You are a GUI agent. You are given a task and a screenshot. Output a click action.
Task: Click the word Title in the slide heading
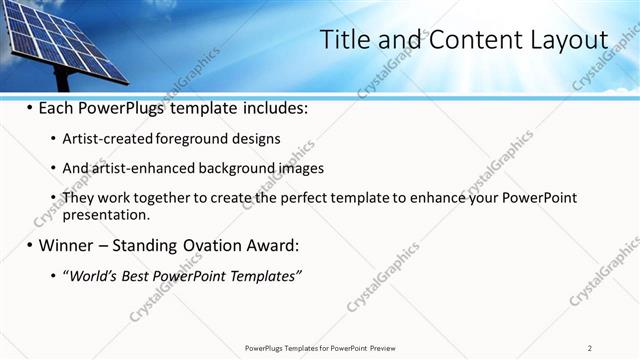(344, 40)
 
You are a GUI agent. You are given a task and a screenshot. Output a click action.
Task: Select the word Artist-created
(108, 139)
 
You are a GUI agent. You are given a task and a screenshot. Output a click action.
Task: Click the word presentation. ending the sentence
(106, 214)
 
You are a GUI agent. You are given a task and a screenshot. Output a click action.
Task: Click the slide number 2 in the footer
(590, 348)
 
